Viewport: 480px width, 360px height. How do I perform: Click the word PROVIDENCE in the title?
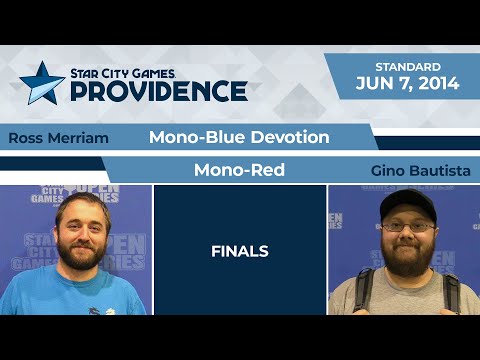tap(158, 91)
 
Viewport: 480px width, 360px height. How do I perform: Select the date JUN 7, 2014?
tap(407, 84)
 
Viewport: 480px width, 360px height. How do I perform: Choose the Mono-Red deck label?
tap(239, 170)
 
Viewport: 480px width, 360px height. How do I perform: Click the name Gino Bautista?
tap(420, 171)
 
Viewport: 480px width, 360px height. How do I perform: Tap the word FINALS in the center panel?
tap(240, 251)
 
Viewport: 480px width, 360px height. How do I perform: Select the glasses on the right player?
tap(407, 227)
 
